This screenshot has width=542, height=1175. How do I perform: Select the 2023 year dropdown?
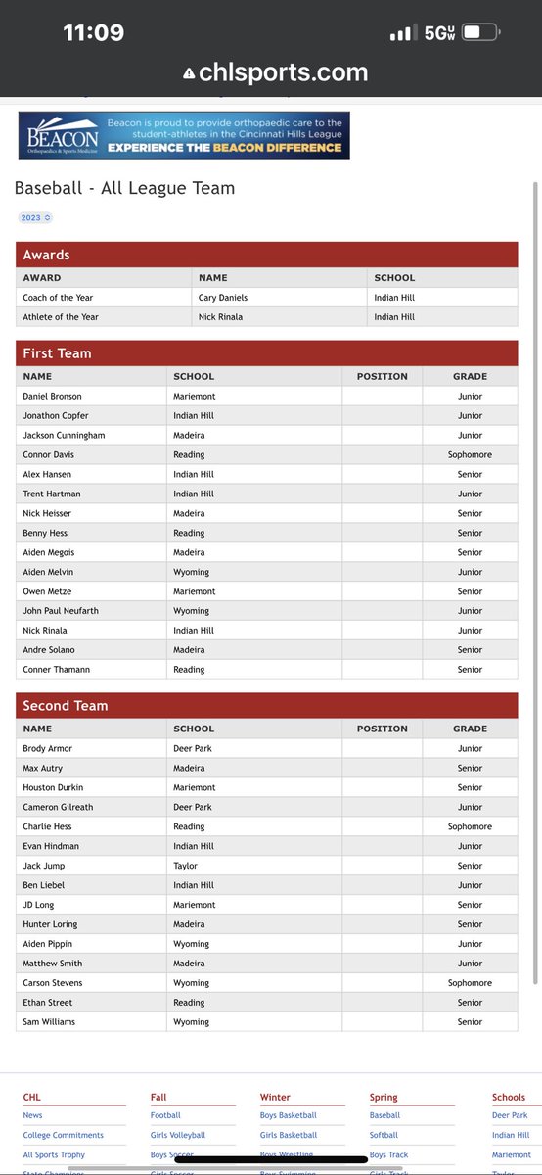click(34, 217)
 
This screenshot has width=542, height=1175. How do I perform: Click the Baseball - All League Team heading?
click(124, 188)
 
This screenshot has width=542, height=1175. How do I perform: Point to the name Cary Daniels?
click(224, 298)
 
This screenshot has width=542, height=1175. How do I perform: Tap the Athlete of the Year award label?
click(61, 317)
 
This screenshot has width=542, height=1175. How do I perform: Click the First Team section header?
click(57, 353)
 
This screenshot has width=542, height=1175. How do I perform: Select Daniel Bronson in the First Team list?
click(53, 397)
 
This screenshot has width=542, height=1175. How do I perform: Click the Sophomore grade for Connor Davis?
click(470, 455)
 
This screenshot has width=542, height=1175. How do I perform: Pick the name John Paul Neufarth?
click(61, 611)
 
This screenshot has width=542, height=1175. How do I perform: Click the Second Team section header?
click(66, 706)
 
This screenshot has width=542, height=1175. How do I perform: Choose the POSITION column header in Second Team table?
click(382, 728)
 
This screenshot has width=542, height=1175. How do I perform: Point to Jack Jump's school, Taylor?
click(186, 866)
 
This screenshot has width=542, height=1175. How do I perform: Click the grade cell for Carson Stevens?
click(470, 983)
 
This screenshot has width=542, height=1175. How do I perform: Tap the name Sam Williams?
click(49, 1022)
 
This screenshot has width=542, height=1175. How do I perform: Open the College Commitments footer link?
click(63, 1136)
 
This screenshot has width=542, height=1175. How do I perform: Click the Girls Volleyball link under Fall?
click(178, 1136)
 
